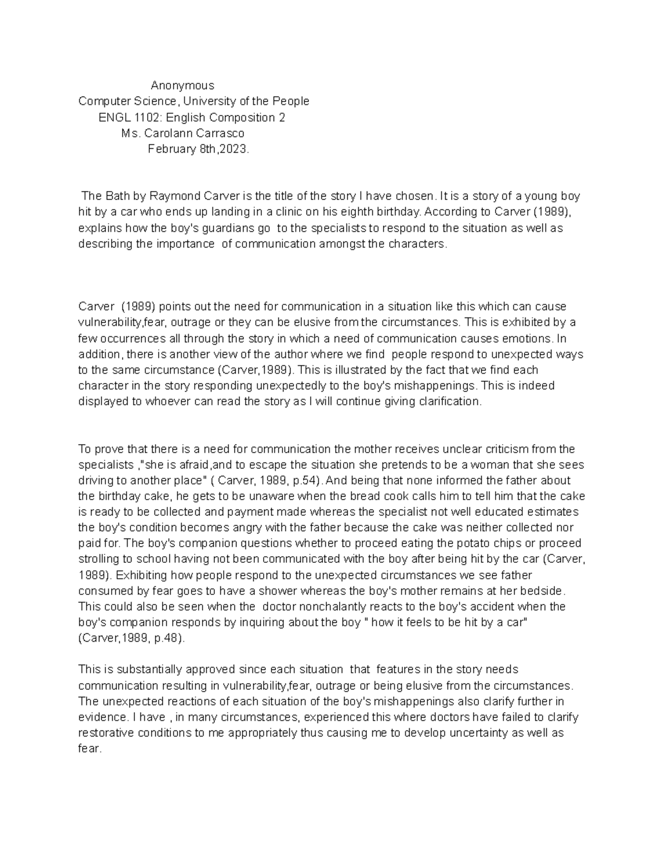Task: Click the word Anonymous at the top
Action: click(182, 85)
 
